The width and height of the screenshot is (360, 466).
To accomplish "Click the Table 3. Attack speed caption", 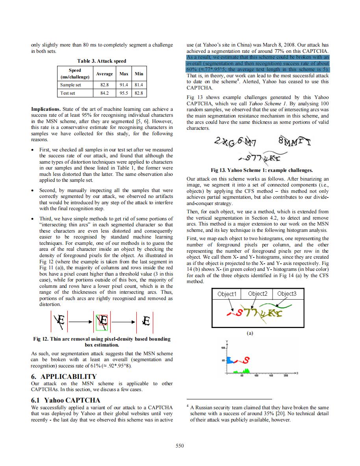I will pos(102,61).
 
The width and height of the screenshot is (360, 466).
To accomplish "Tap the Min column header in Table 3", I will pos(139,74).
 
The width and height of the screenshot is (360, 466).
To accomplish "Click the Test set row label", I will pos(68,93).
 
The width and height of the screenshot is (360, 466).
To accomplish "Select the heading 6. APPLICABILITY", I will pos(63,376).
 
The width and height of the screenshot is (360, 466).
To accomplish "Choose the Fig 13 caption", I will pos(262,170).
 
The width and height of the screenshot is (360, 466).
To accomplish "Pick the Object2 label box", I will pos(258,294).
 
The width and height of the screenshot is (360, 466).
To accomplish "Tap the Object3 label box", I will pos(287,294).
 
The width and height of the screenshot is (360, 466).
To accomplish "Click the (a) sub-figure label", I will pos(250,333).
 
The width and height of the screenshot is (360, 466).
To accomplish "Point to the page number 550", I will pos(180,445).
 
